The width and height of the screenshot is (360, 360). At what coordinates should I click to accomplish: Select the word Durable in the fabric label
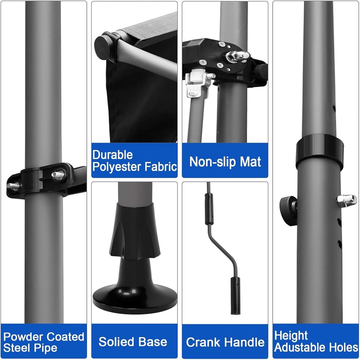(113, 155)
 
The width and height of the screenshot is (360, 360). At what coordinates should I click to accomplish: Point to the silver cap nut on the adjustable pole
(347, 200)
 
